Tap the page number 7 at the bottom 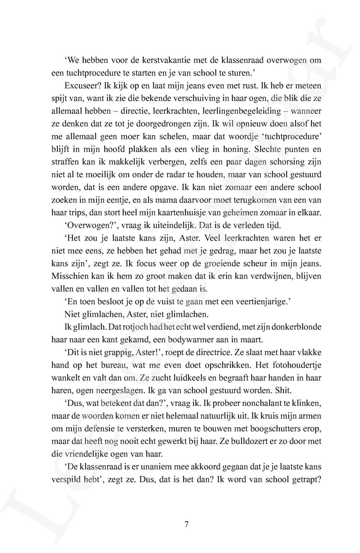[x=186, y=525]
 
